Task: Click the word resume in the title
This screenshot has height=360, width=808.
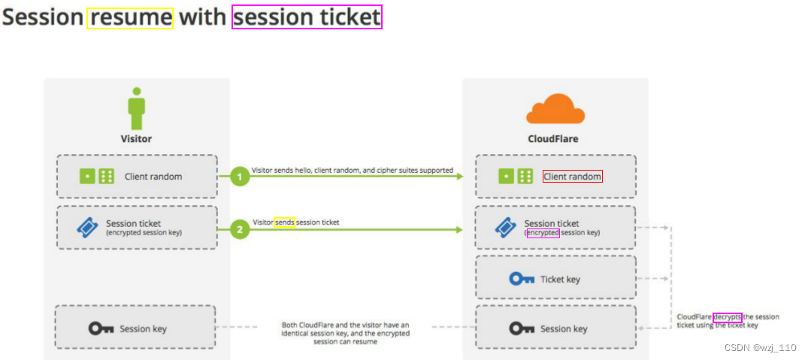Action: pos(130,18)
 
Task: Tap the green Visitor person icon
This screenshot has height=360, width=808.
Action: pos(136,109)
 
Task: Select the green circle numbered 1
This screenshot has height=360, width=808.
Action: pos(240,177)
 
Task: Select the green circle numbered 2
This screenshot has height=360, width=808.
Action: pos(240,229)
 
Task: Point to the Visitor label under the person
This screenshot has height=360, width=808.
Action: pos(136,138)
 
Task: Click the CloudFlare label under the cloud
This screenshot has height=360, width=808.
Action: pos(553,138)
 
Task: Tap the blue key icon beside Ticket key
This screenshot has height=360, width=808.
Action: pos(522,279)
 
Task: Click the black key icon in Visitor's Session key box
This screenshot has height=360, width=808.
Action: pos(101,328)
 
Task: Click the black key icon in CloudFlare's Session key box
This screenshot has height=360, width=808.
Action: pos(522,328)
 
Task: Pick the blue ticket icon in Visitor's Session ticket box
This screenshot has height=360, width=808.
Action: pos(88,228)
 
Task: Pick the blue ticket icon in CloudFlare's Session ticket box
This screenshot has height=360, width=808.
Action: pos(505,228)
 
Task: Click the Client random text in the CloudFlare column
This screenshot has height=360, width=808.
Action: pos(572,177)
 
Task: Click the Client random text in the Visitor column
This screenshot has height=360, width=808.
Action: pos(153,177)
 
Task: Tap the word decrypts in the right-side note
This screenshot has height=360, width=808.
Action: pos(727,317)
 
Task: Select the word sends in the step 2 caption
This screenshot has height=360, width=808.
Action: pos(284,222)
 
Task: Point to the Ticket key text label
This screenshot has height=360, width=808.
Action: pos(560,280)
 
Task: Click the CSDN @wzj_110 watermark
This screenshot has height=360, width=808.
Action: pos(761,348)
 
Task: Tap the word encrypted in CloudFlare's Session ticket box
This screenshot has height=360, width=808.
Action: pos(543,233)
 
